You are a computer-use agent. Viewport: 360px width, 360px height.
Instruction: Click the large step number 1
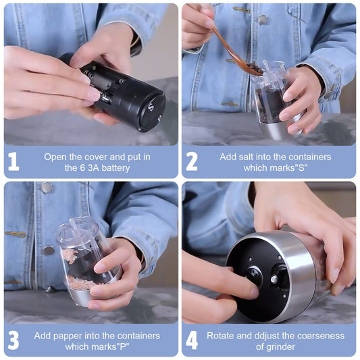[x=14, y=161]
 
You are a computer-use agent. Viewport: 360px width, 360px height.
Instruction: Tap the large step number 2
[x=192, y=161]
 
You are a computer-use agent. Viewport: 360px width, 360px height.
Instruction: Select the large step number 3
[x=14, y=340]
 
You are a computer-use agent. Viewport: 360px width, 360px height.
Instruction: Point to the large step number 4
[x=192, y=340]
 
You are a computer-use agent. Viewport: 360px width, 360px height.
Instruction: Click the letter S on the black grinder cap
[x=151, y=107]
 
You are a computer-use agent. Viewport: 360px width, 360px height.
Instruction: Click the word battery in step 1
[x=115, y=168]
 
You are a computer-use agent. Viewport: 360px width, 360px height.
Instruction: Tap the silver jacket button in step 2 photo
[x=263, y=20]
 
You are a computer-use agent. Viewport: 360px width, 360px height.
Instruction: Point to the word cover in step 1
[x=96, y=157]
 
